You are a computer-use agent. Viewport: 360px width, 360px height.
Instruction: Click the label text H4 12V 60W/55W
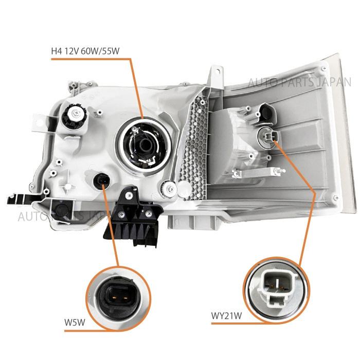point(88,51)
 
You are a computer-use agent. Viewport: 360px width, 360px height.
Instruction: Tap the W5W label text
point(76,323)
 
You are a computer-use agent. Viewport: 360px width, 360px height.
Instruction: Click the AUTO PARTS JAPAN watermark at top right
point(299,82)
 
